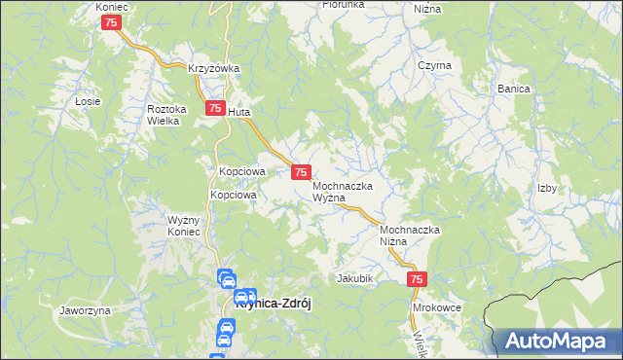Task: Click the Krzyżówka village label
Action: tap(214, 68)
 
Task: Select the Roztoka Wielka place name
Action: tap(166, 116)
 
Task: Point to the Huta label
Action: tap(239, 112)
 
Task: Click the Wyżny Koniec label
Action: tap(183, 226)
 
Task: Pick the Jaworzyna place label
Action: tap(85, 310)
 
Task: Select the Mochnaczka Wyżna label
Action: tap(347, 191)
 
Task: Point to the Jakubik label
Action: tap(355, 277)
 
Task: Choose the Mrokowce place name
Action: tap(436, 306)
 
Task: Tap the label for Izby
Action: tap(546, 188)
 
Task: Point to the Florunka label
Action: tap(345, 5)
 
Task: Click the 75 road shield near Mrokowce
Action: tap(417, 279)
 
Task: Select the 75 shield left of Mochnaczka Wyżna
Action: tap(301, 171)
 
